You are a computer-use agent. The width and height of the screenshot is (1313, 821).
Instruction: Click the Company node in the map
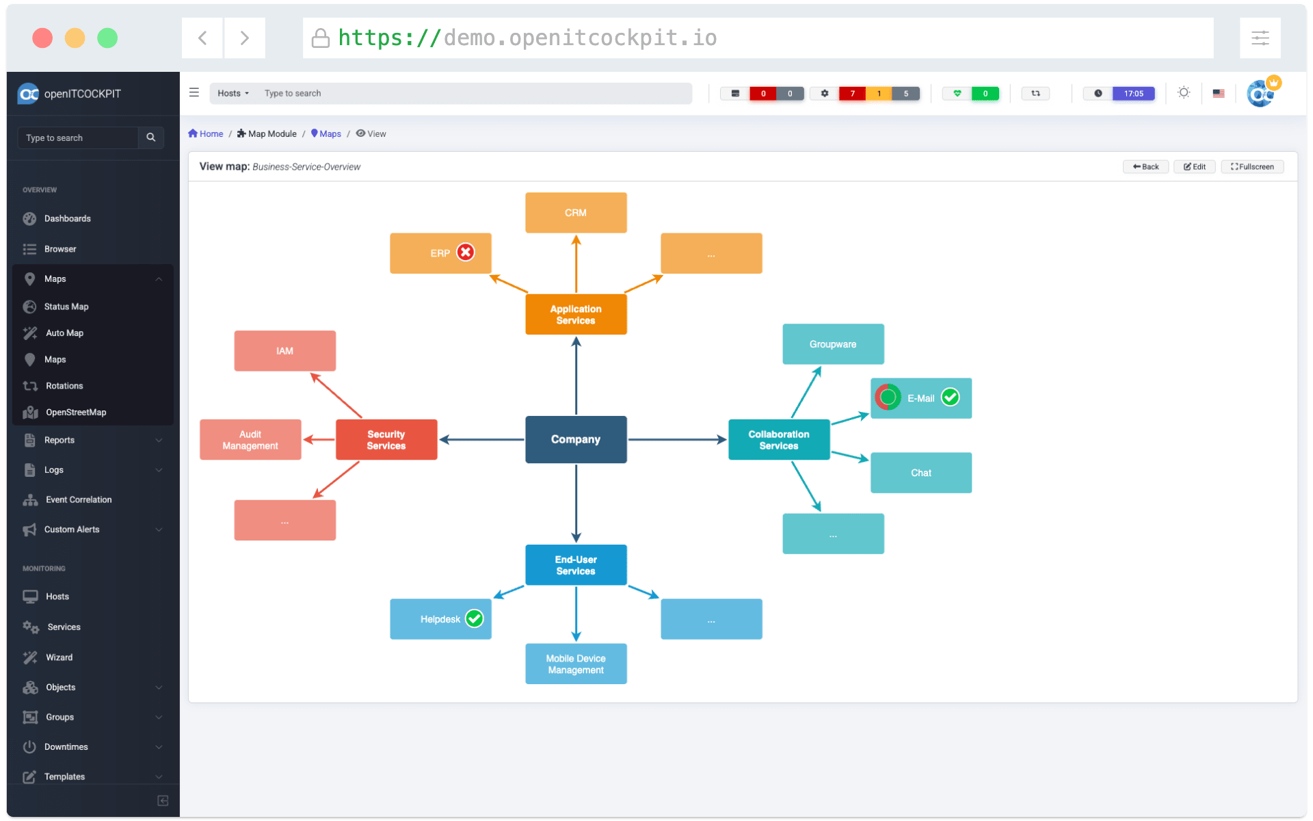click(576, 439)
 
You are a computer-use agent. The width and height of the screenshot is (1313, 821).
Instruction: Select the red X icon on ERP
click(466, 252)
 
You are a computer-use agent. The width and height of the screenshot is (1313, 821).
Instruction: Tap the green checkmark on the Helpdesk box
click(475, 618)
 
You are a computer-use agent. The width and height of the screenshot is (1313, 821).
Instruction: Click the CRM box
click(576, 213)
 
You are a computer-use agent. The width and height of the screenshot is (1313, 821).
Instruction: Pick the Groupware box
click(833, 344)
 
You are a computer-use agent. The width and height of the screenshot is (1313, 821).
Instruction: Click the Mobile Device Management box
click(576, 664)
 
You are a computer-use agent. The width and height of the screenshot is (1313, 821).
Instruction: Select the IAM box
click(284, 351)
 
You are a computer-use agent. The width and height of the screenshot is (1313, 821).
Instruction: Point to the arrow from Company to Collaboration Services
click(677, 439)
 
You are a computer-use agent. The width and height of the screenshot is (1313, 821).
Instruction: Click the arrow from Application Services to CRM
click(576, 264)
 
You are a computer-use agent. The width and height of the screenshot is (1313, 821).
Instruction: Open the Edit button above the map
click(1195, 166)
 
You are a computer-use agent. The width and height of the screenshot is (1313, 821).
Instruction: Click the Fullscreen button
click(1252, 166)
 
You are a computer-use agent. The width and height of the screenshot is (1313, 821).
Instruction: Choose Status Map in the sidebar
click(66, 307)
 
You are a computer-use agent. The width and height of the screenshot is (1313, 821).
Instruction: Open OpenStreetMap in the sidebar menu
click(76, 413)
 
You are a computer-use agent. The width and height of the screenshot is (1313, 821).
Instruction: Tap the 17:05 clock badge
click(1133, 94)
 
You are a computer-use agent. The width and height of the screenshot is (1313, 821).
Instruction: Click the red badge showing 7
click(852, 94)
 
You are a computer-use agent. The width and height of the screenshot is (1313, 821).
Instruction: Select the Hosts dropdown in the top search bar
click(233, 93)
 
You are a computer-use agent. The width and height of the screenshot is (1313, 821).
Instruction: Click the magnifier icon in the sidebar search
click(151, 138)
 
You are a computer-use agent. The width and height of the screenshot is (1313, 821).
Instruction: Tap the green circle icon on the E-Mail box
click(888, 397)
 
